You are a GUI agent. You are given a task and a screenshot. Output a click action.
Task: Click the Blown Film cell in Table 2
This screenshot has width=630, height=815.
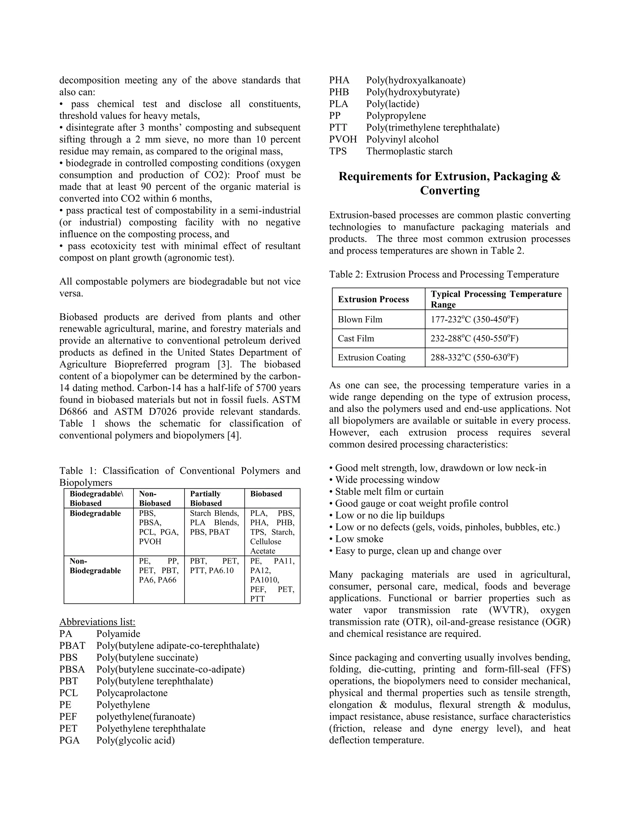coord(360,320)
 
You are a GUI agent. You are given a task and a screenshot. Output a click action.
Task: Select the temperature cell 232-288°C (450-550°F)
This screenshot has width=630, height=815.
coord(474,339)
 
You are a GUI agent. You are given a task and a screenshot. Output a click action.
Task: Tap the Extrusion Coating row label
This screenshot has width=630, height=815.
coord(371,357)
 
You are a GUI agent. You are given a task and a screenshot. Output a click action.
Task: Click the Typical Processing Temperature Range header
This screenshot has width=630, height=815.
coord(496,299)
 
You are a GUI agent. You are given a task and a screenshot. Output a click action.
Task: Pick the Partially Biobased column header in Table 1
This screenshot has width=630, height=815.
coord(206,498)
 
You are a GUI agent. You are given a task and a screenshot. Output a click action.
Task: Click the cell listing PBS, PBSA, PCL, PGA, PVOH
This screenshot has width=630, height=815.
coord(158,527)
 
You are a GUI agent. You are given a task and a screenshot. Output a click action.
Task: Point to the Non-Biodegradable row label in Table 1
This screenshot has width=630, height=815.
coord(95,566)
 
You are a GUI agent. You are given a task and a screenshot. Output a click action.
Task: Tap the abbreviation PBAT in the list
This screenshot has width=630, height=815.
coord(72,646)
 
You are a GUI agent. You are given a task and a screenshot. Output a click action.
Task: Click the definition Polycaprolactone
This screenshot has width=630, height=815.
coord(132,693)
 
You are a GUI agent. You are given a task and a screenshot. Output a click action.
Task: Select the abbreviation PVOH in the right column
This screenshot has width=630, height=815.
coord(343,140)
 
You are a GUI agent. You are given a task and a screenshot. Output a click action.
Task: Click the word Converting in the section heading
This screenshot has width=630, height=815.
coord(449,191)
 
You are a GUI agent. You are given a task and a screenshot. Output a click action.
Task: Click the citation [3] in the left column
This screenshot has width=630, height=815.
coord(223,364)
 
